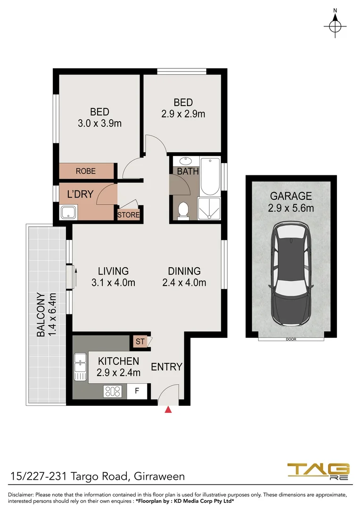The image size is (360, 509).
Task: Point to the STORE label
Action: [129, 215]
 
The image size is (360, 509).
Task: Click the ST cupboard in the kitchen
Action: [140, 341]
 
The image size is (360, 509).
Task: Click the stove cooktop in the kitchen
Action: [113, 391]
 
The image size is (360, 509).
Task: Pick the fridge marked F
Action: [137, 391]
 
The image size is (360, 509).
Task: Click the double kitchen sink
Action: [80, 367]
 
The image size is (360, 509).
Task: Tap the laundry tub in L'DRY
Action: [68, 213]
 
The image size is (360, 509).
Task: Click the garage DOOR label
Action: [291, 339]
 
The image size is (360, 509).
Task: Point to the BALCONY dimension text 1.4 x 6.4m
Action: [53, 315]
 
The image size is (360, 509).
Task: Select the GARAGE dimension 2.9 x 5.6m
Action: [291, 208]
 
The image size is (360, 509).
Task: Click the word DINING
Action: [184, 271]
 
